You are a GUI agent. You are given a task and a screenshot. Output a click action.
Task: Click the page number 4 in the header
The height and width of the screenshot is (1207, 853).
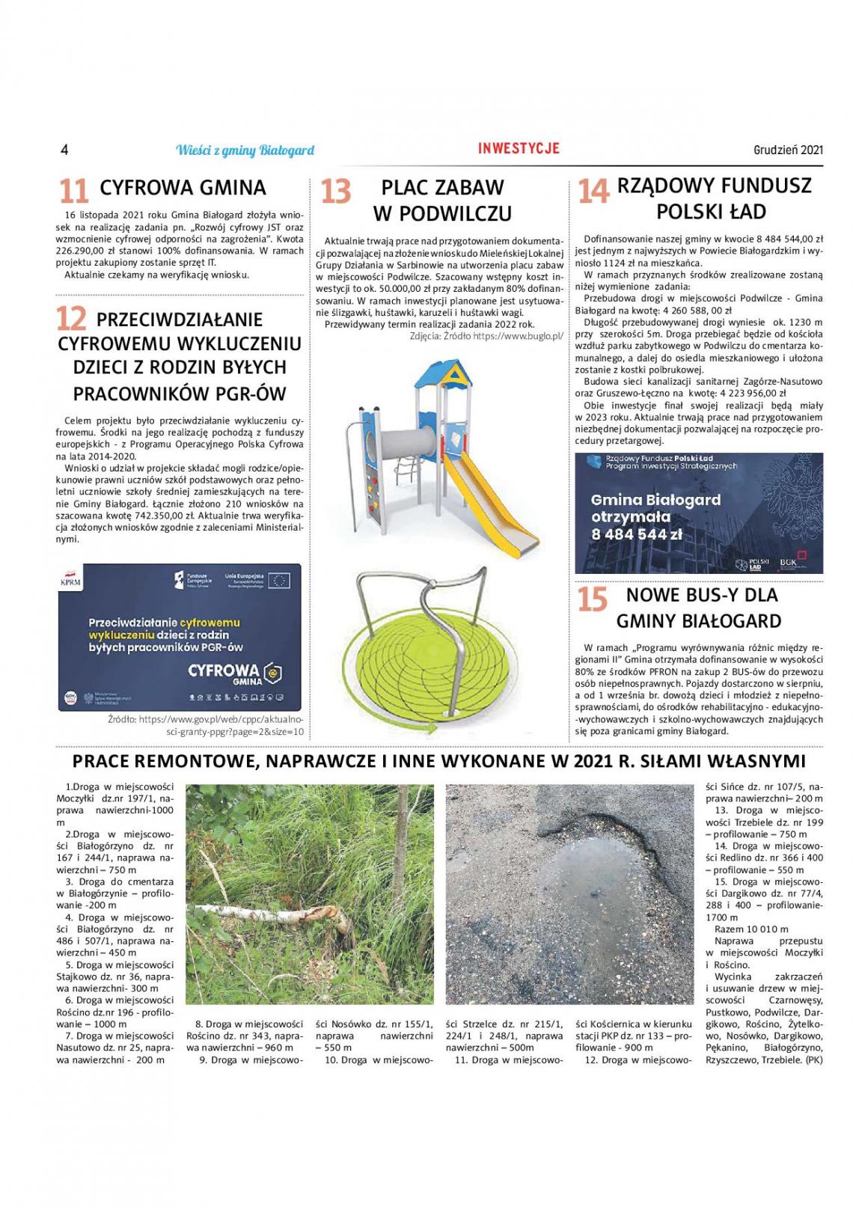click(64, 150)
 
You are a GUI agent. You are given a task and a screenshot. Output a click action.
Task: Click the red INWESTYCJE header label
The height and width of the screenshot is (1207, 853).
click(519, 148)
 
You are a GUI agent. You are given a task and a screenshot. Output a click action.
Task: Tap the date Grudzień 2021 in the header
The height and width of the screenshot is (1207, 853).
click(788, 150)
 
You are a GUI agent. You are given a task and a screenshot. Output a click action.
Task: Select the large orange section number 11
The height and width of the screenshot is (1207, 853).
click(73, 190)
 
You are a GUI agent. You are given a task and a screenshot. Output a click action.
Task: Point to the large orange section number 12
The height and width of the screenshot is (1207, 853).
click(72, 320)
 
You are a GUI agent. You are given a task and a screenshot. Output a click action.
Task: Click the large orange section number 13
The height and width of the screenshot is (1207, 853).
click(335, 192)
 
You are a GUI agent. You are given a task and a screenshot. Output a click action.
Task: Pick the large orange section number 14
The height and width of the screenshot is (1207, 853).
click(593, 191)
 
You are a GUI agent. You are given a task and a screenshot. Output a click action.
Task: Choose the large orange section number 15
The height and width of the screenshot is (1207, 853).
click(592, 599)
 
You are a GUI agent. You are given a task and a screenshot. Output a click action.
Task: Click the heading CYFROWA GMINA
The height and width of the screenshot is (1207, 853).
click(183, 187)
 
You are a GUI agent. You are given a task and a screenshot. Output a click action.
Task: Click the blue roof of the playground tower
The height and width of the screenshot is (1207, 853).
click(444, 373)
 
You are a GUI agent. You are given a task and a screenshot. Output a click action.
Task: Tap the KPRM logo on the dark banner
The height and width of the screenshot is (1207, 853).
click(70, 581)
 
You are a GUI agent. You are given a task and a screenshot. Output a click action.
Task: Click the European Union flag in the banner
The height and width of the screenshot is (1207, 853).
click(280, 580)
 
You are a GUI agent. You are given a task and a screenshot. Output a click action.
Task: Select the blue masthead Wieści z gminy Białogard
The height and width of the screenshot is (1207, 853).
click(245, 150)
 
